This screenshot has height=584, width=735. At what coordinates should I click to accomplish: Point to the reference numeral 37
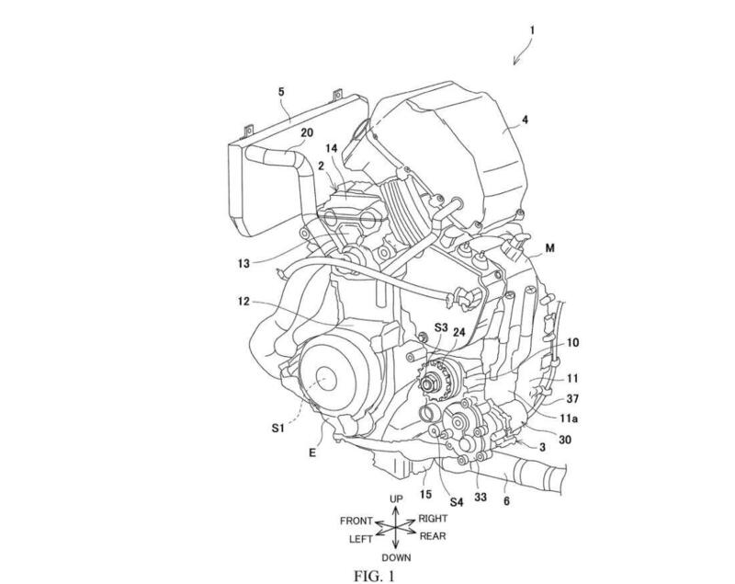pyautogui.click(x=572, y=398)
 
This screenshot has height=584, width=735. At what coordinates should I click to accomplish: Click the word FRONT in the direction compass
pyautogui.click(x=356, y=521)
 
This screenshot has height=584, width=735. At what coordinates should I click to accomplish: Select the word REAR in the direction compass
pyautogui.click(x=432, y=536)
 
